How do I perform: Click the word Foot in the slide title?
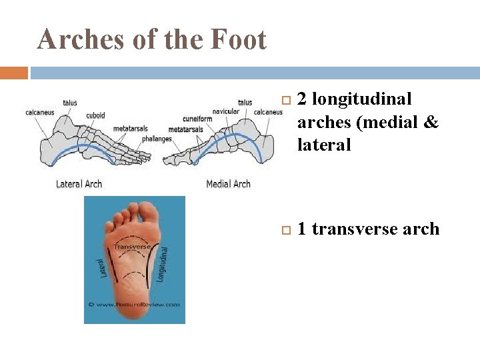coord(238,40)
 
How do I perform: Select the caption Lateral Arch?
coord(79,183)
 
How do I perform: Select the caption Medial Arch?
coord(228,183)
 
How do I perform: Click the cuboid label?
coord(95,115)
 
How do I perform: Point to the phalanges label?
coord(157,139)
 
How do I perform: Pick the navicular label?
coord(226,111)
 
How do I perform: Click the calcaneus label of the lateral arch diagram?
coord(40,112)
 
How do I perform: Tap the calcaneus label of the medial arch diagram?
coord(268,112)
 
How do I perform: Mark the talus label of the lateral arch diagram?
coord(70,103)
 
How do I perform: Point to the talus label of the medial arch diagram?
coord(245,103)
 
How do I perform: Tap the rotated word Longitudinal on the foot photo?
coord(162,264)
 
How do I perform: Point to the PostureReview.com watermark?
coord(135,304)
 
